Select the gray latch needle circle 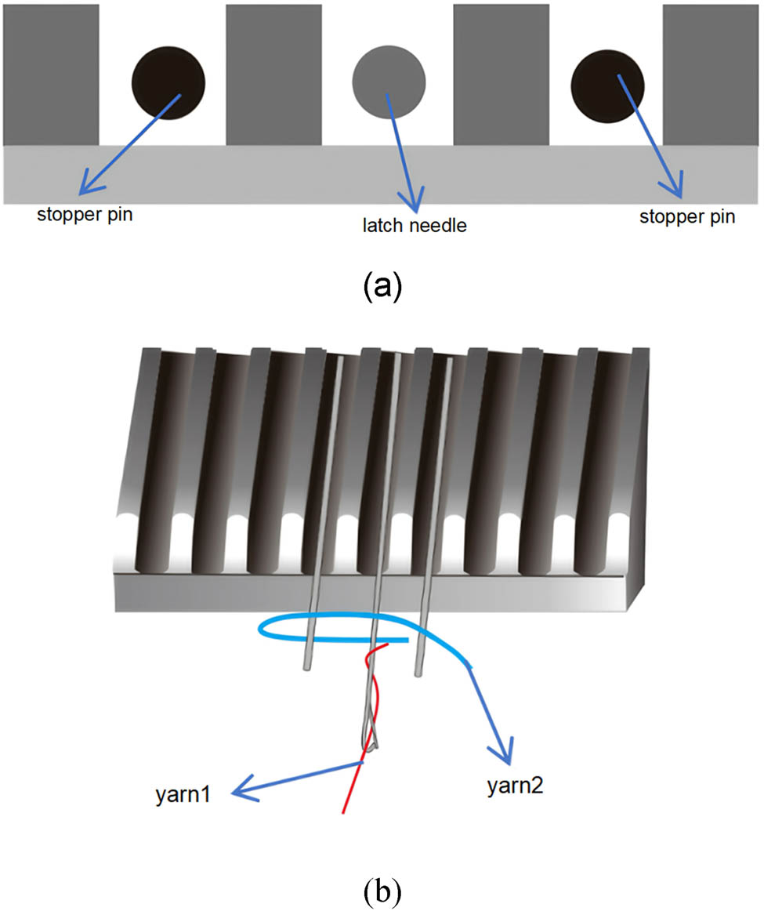(389, 82)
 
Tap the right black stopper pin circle (607, 85)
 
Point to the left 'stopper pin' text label (84, 215)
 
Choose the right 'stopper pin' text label (687, 216)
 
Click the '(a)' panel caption (382, 287)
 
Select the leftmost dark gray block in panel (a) (50, 74)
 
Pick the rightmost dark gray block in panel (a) (711, 74)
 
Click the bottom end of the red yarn (343, 811)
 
